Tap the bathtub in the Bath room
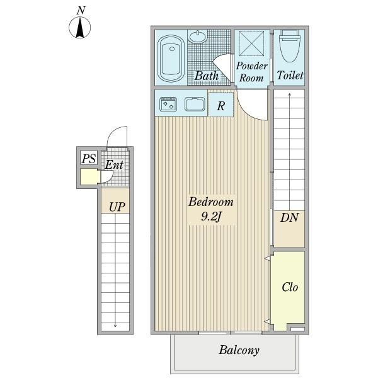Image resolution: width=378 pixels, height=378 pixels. (x=171, y=58)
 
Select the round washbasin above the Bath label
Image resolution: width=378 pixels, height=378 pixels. (x=198, y=37)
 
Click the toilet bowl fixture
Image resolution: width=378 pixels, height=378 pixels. (x=289, y=47)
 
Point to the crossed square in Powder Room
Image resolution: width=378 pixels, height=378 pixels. (x=251, y=43)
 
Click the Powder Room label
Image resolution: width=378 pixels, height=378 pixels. (x=251, y=72)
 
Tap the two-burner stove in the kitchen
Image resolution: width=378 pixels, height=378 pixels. (x=168, y=104)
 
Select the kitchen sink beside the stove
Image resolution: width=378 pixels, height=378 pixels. (x=195, y=104)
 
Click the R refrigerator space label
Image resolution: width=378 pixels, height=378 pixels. (x=221, y=106)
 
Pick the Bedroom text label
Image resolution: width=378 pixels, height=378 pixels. (x=211, y=202)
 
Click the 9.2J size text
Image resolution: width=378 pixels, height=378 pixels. (x=211, y=217)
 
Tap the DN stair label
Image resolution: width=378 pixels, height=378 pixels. (x=289, y=217)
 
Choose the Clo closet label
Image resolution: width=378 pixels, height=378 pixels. (x=290, y=287)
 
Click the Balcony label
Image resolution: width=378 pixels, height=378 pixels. (x=239, y=350)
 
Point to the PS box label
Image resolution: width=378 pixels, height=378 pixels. (x=89, y=159)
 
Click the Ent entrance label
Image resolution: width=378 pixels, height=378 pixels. (x=114, y=164)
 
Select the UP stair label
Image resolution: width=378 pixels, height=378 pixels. (x=117, y=207)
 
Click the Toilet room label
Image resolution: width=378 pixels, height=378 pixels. (x=290, y=75)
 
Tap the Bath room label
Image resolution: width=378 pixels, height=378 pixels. (x=207, y=76)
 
